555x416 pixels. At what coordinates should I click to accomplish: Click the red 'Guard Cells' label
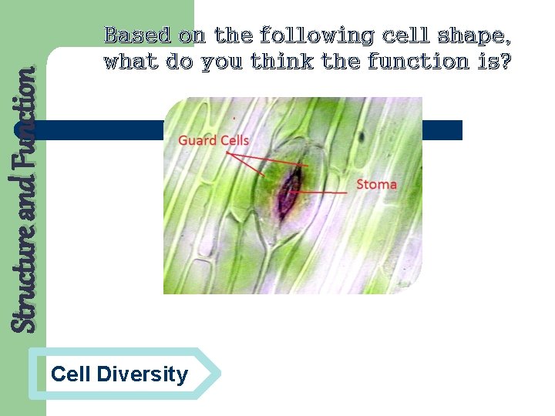pos(214,140)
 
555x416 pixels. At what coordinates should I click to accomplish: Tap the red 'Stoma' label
pos(376,184)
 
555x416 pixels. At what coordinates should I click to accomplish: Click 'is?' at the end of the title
pos(494,61)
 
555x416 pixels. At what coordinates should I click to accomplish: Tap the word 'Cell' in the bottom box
pos(70,375)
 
